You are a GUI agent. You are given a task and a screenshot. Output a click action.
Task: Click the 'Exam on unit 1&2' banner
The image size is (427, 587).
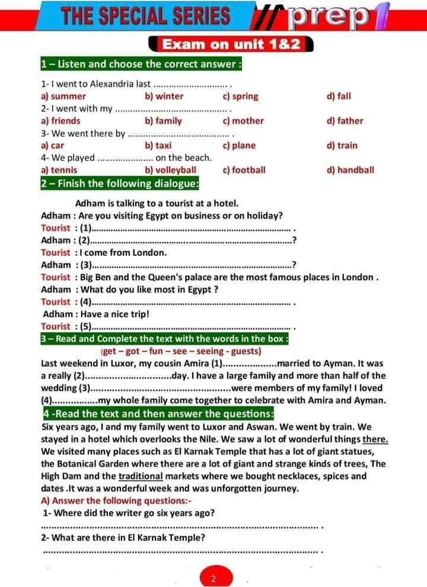click(234, 45)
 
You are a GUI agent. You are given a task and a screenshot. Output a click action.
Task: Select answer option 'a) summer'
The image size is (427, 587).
click(63, 96)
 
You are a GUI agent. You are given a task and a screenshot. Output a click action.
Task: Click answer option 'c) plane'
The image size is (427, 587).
click(239, 145)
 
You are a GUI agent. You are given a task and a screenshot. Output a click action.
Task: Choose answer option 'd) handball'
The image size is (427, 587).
click(350, 170)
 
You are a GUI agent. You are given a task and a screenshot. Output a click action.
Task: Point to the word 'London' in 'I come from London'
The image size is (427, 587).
click(150, 252)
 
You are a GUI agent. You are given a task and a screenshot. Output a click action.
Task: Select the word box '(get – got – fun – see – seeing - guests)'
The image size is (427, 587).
click(179, 351)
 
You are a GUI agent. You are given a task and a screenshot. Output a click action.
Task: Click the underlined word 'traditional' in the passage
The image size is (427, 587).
click(141, 476)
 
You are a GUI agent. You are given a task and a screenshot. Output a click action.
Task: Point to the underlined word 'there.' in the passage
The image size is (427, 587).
click(375, 439)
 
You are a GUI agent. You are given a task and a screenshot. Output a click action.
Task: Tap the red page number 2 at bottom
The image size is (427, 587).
click(212, 579)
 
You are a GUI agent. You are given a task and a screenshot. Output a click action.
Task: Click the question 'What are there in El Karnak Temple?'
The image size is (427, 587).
click(123, 538)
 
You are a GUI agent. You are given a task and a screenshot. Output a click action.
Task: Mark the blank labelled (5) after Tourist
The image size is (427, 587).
click(190, 327)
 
